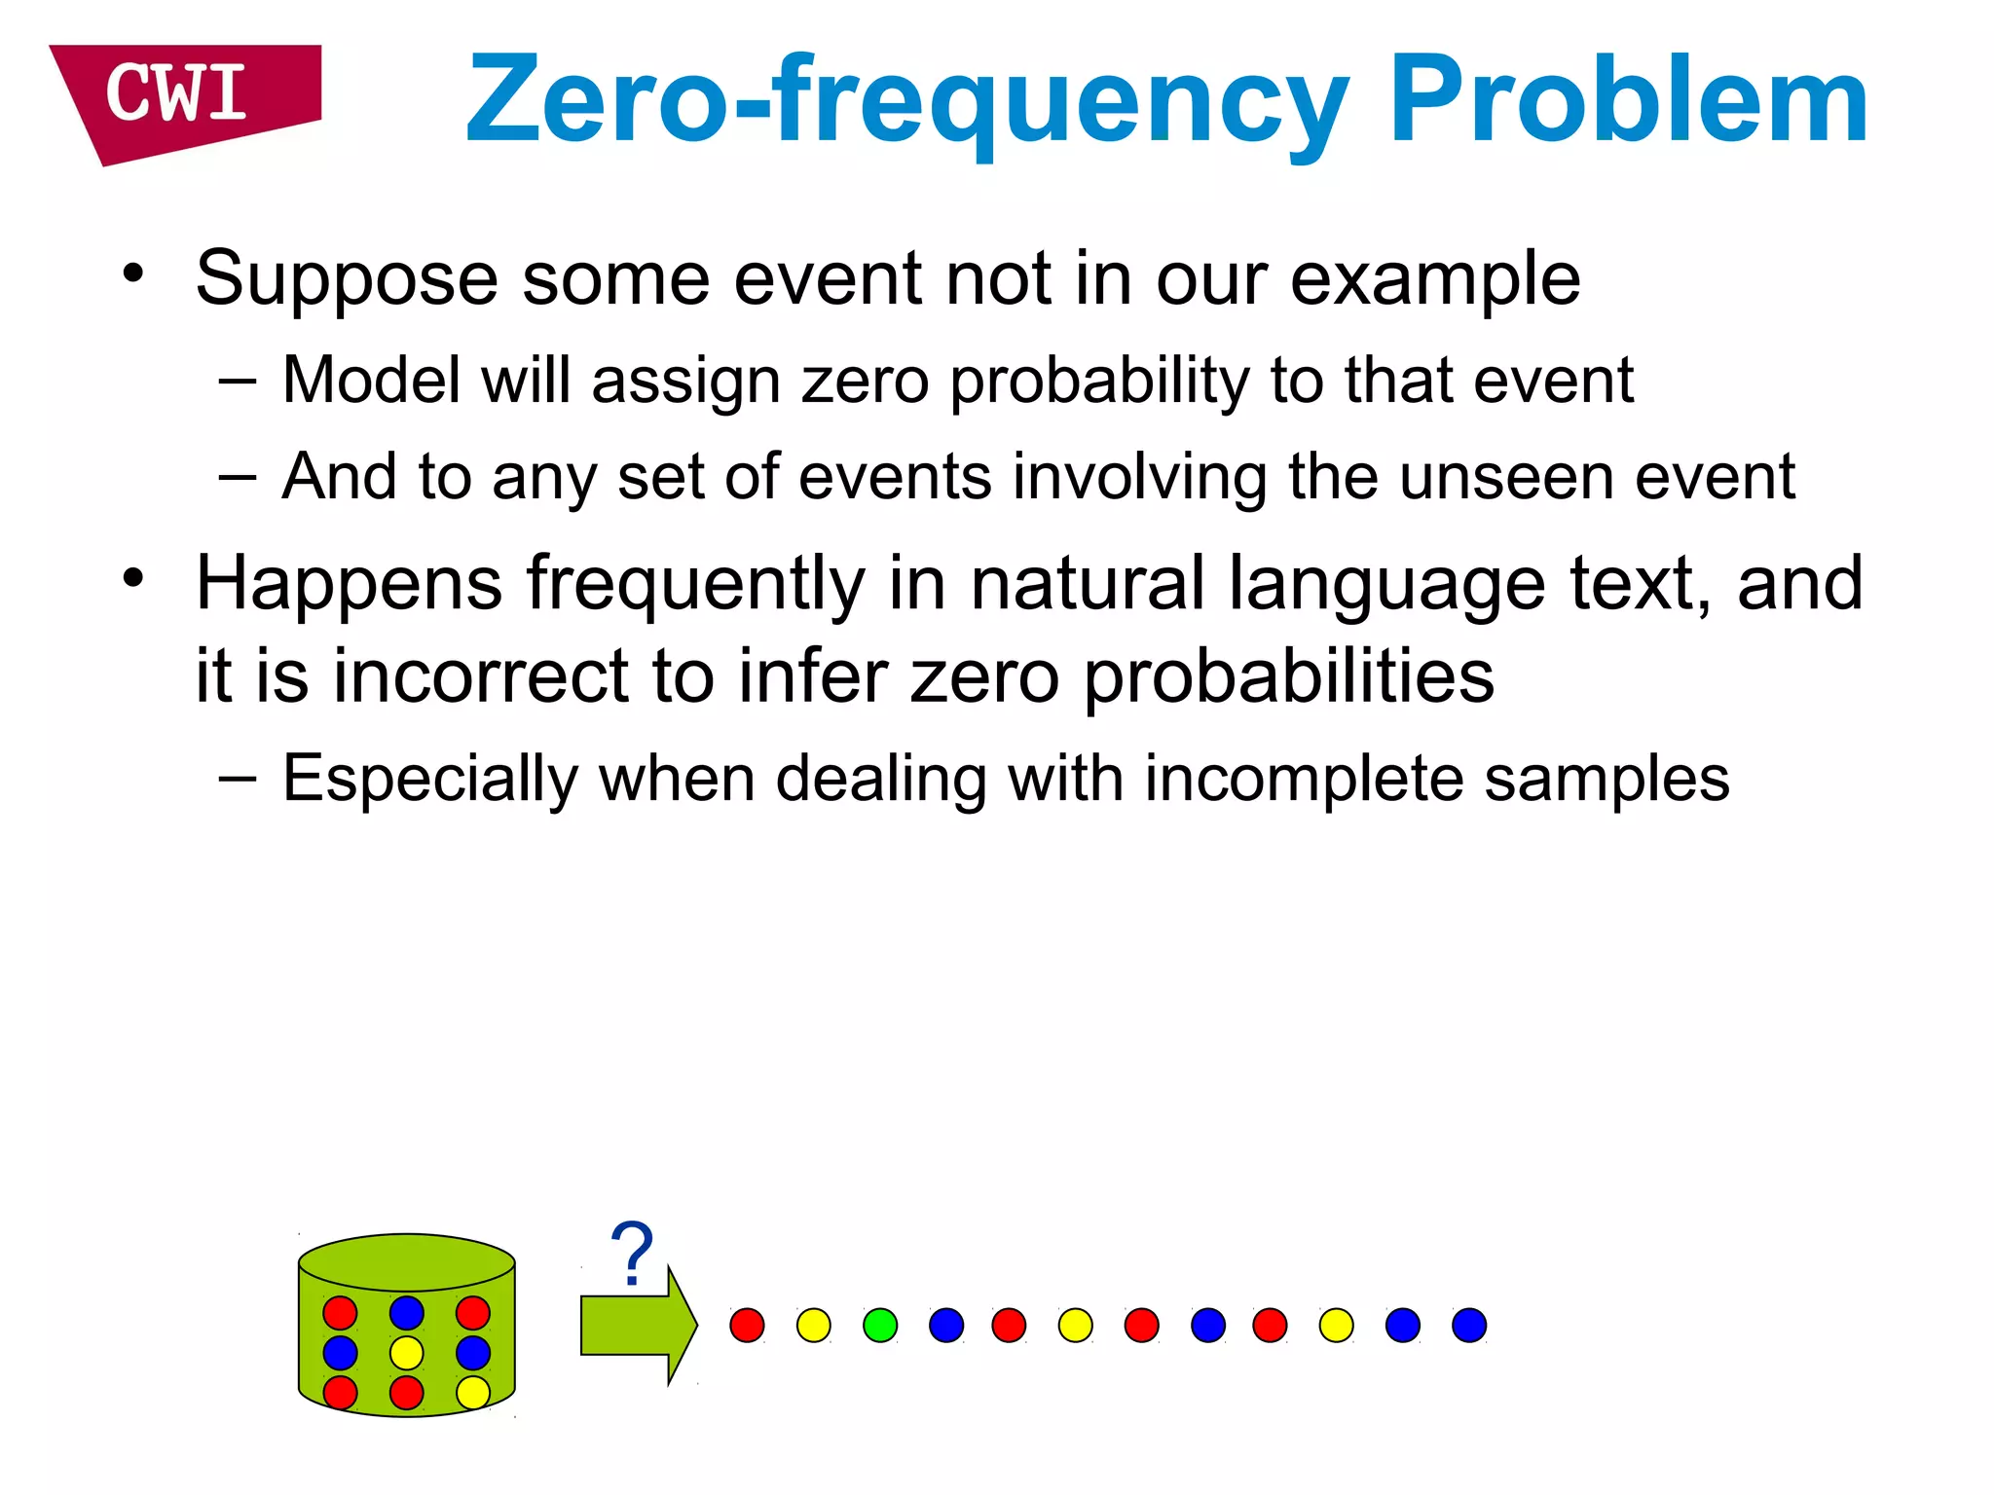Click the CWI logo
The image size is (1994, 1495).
[x=185, y=97]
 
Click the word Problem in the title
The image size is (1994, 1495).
[x=1628, y=101]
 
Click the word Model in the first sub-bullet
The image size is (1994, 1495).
[x=370, y=380]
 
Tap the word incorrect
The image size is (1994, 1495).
[x=481, y=676]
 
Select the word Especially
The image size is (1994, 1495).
[x=430, y=780]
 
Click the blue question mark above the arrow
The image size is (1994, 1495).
[x=632, y=1254]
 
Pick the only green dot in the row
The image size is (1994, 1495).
[x=880, y=1326]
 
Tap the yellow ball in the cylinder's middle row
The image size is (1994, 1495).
[x=406, y=1353]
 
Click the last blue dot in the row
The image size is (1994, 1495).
[x=1469, y=1326]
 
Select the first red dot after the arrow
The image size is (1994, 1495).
[x=747, y=1326]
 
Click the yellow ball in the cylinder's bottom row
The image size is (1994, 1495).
[x=473, y=1392]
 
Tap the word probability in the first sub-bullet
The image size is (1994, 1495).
[x=1098, y=382]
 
